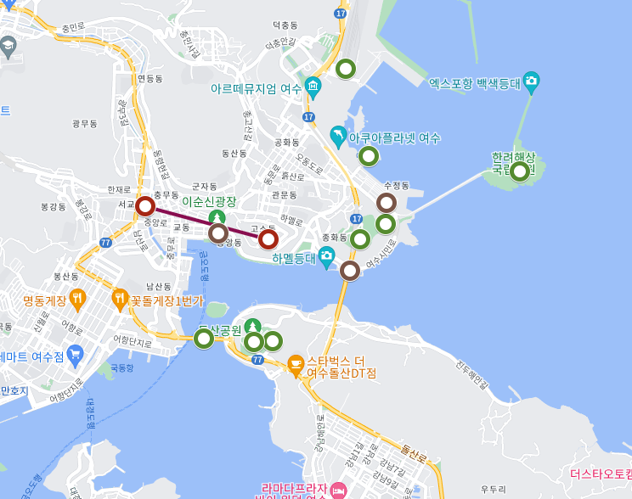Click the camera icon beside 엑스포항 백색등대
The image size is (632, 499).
532,82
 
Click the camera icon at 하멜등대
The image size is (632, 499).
326,256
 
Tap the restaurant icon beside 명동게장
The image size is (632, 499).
78,298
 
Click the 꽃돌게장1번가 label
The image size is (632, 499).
166,300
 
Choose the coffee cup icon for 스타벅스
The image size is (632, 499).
296,365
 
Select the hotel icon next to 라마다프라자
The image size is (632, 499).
339,490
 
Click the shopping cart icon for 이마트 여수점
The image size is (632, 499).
76,354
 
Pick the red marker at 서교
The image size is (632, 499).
145,206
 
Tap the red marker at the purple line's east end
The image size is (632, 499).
268,238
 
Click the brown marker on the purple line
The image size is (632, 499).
218,233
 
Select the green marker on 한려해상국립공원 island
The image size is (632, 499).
519,171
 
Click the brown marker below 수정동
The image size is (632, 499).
386,203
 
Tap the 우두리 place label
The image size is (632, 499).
494,489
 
